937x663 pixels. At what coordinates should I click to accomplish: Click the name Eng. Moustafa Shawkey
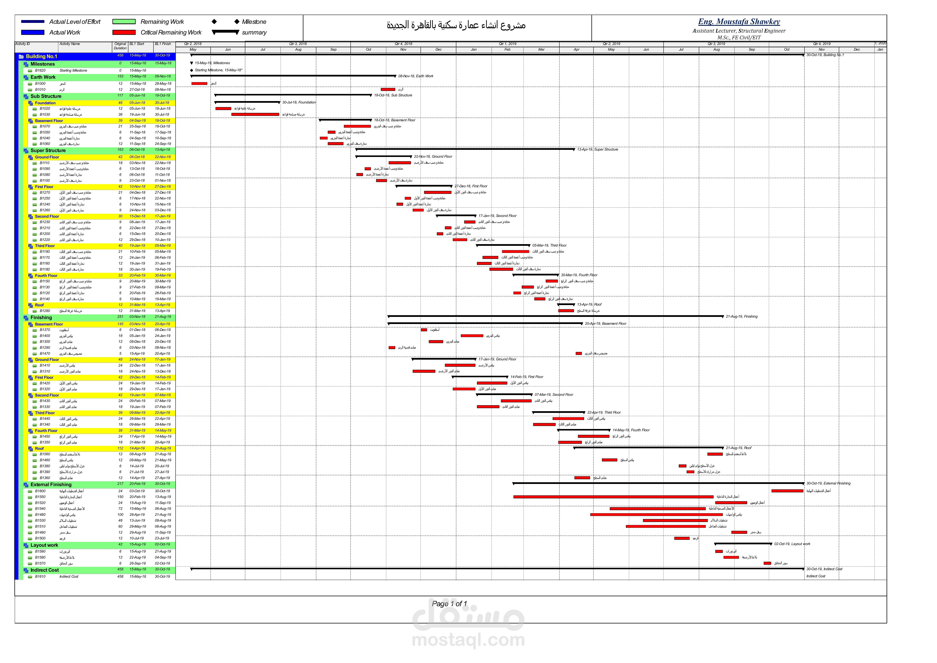tap(739, 22)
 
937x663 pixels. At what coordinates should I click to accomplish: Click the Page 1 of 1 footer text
tap(449, 603)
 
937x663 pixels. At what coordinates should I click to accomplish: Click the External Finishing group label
tap(51, 485)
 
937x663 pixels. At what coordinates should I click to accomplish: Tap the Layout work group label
tap(44, 545)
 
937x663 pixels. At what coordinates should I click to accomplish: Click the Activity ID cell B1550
tap(40, 497)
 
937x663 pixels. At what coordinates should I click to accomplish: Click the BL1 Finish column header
tap(163, 44)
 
